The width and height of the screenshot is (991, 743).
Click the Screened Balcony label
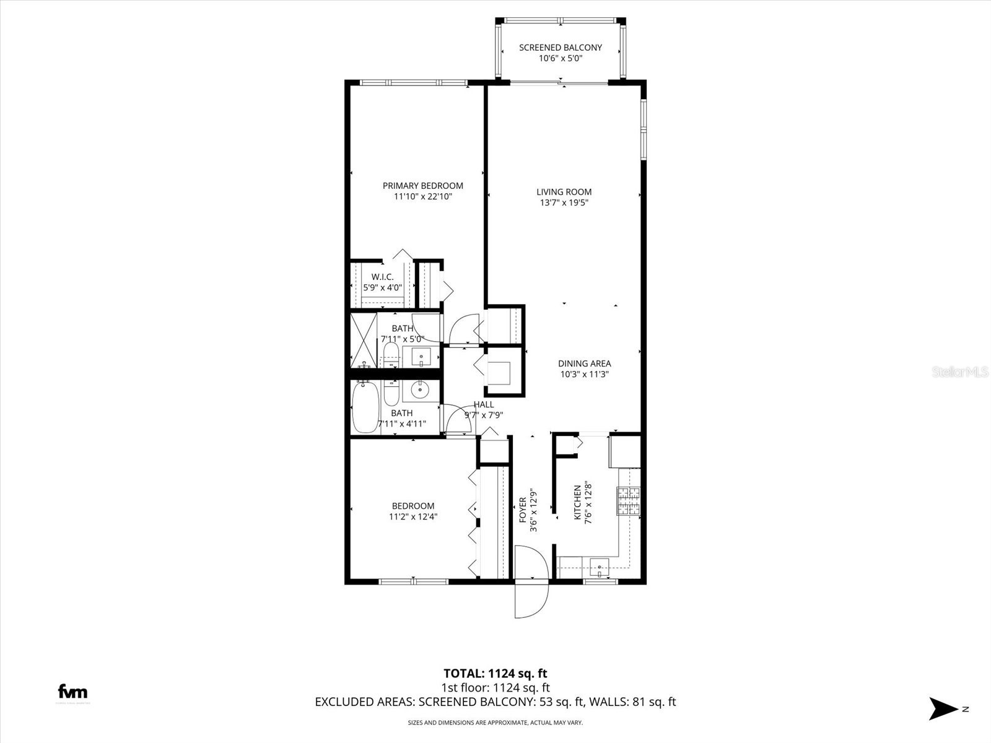click(x=560, y=48)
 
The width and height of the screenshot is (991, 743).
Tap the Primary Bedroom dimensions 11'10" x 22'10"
click(x=422, y=197)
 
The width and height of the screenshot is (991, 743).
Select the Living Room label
click(x=564, y=192)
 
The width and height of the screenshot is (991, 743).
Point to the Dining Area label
click(x=584, y=363)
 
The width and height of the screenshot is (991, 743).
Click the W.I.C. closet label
click(x=382, y=277)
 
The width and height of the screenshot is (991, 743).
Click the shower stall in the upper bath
click(x=364, y=339)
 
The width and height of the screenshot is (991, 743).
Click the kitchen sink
click(x=599, y=565)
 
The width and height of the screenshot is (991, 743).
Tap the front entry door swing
click(x=531, y=582)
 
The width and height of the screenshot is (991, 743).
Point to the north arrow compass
click(x=943, y=708)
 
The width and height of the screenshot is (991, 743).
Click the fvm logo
click(x=72, y=692)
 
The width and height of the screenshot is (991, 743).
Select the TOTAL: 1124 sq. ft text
click(x=495, y=673)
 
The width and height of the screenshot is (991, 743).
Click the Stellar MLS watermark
click(x=959, y=372)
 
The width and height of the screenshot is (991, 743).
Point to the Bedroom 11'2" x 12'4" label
click(x=413, y=511)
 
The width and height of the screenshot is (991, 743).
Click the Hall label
click(x=484, y=404)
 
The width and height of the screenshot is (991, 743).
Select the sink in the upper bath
click(x=421, y=357)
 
